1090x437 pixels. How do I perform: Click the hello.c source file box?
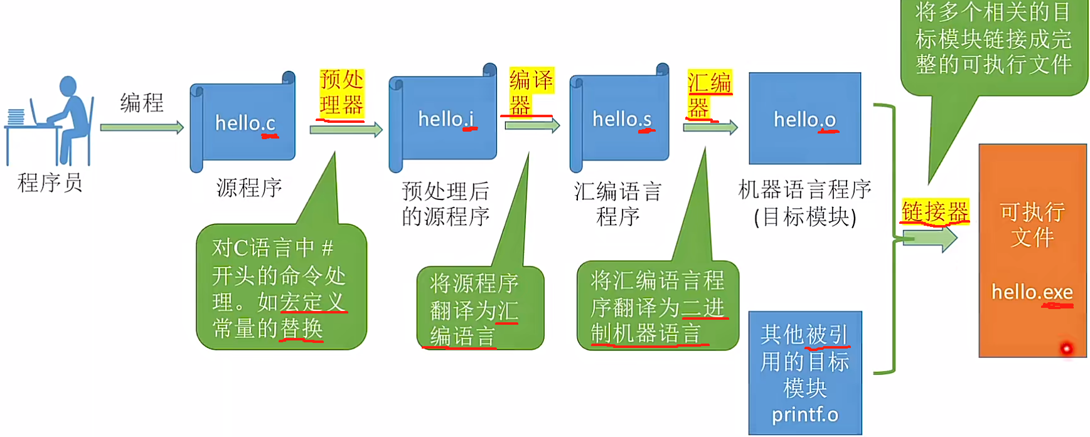244,122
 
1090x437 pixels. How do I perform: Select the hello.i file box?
445,119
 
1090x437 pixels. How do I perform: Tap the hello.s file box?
621,119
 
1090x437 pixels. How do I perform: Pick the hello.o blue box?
804,119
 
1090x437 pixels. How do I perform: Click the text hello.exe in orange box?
1032,292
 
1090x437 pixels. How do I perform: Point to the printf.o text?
804,414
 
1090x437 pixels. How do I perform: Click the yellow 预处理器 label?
341,93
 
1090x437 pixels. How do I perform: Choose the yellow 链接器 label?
934,212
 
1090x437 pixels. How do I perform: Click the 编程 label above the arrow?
142,102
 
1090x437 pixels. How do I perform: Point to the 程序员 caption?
50,183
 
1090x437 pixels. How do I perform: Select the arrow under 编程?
142,128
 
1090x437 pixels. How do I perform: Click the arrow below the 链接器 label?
929,239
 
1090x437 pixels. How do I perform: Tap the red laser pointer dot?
1066,348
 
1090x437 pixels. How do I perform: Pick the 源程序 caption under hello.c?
249,187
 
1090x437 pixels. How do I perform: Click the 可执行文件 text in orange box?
1032,224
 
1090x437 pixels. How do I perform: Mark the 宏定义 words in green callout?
312,302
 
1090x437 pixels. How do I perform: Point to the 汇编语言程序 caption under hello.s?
617,204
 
